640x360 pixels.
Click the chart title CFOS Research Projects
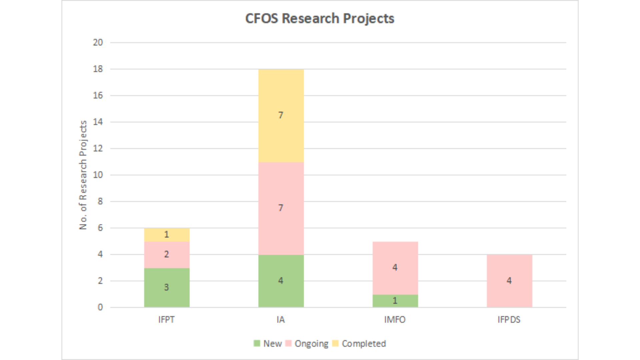click(x=320, y=19)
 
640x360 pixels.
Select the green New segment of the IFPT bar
click(x=167, y=287)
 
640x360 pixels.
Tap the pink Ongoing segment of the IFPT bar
click(x=167, y=255)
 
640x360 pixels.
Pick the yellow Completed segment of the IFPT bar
click(x=167, y=235)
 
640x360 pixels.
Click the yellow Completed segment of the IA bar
click(x=281, y=115)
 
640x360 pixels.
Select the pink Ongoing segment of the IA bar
click(x=281, y=208)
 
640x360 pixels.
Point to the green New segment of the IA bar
click(x=281, y=281)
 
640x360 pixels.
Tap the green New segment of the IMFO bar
click(x=395, y=301)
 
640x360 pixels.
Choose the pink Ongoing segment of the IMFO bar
click(x=395, y=268)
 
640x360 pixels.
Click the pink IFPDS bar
click(x=509, y=281)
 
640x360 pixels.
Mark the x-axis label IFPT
click(x=166, y=320)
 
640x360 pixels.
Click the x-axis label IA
click(x=281, y=320)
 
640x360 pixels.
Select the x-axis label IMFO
click(x=395, y=320)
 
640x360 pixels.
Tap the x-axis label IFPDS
click(x=509, y=320)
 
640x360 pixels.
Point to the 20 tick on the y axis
click(x=98, y=43)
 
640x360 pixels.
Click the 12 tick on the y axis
click(x=98, y=148)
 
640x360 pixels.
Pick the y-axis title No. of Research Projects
click(x=83, y=175)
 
